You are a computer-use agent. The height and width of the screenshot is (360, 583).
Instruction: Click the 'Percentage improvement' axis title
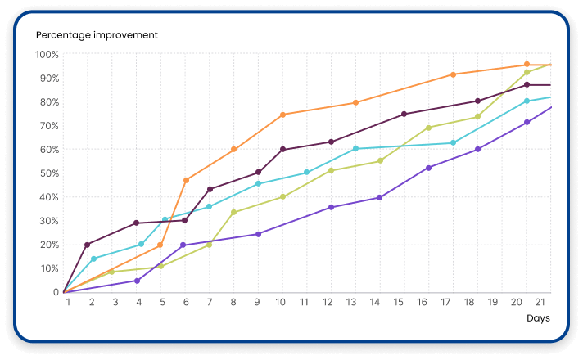(97, 34)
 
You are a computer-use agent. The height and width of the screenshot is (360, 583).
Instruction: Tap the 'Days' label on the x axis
(538, 317)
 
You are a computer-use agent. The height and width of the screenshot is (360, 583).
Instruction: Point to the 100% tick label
(47, 55)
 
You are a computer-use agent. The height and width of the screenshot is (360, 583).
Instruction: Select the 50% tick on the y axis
(48, 173)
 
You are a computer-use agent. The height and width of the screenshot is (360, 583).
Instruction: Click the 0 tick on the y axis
(55, 292)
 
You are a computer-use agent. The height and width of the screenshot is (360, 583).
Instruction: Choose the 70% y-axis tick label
(48, 126)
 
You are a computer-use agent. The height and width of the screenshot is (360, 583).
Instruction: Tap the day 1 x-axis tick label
(68, 303)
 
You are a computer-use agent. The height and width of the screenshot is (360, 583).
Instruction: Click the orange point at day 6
(187, 180)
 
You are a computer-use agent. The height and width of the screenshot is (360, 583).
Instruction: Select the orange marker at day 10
(282, 115)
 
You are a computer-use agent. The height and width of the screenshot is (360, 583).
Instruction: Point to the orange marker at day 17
(453, 74)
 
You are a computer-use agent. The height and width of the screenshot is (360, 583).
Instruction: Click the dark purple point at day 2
(88, 245)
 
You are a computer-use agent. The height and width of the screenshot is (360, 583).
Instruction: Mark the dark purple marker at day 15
(404, 114)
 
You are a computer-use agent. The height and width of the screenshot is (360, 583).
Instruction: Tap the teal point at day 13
(355, 149)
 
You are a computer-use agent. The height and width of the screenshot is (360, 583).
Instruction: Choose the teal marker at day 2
(93, 259)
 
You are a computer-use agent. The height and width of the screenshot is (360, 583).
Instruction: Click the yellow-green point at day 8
(234, 212)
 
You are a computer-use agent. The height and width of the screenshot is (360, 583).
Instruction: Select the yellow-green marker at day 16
(428, 128)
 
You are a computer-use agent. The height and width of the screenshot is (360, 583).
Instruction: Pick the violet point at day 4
(138, 281)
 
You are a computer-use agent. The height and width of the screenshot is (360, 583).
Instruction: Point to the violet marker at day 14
(380, 197)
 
